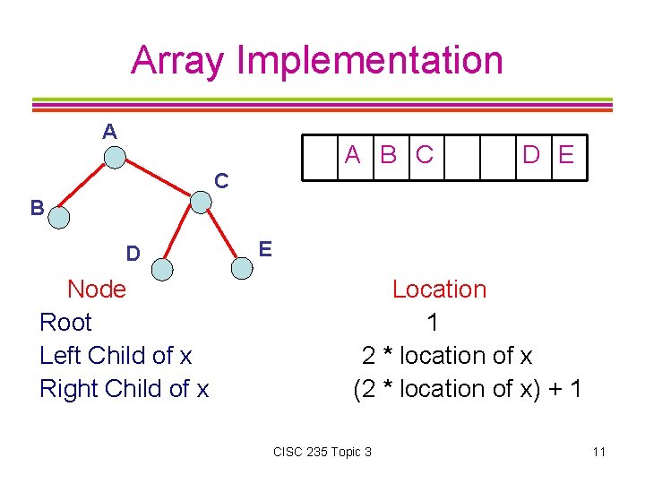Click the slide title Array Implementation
tap(317, 60)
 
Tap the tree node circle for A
tap(115, 159)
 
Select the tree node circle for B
tap(58, 216)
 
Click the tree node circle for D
tap(162, 268)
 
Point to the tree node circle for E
tap(242, 267)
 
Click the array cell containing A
tap(354, 156)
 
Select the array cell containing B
tap(388, 156)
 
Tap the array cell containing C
tap(424, 156)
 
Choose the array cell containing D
tap(531, 156)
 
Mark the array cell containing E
tap(565, 156)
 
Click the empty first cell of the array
tap(318, 156)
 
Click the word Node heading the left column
tap(97, 290)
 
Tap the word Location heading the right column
tap(439, 290)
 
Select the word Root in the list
tap(65, 323)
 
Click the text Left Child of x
tap(116, 356)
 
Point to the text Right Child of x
tap(124, 389)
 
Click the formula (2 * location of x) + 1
tap(468, 389)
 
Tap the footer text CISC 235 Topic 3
tap(322, 452)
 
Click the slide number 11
tap(598, 452)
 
